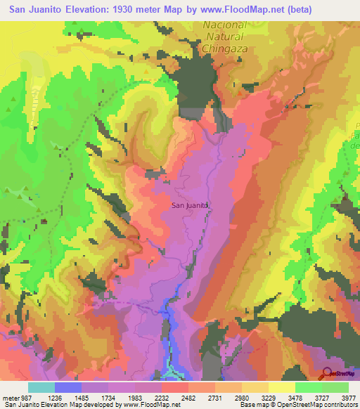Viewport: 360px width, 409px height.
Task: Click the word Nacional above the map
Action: coord(224,25)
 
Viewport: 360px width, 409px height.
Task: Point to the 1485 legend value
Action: coord(95,396)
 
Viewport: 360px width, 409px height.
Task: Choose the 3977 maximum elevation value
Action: coord(349,396)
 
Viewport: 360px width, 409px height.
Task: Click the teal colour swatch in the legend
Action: coord(41,387)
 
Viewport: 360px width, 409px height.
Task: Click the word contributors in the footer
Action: coord(336,405)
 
